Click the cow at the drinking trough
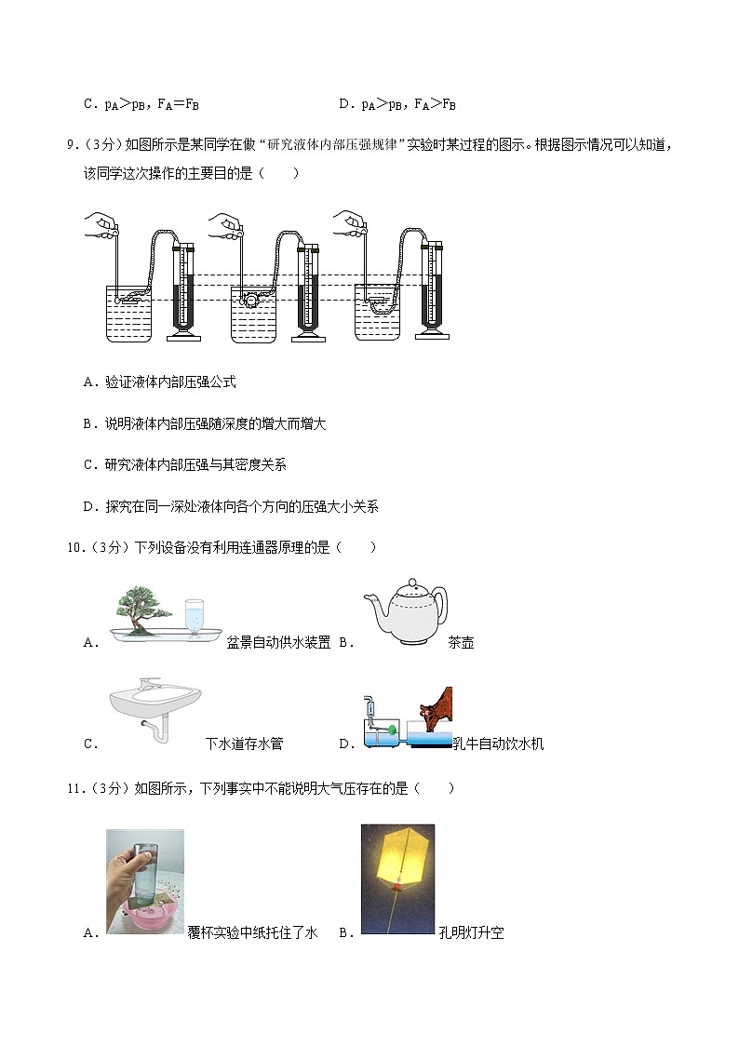(434, 713)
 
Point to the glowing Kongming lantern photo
(397, 878)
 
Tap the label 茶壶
(461, 642)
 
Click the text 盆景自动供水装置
(278, 642)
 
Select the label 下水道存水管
(244, 744)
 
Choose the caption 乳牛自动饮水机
(498, 744)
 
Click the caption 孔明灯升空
(471, 932)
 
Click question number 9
(71, 144)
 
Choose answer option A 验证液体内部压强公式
(159, 382)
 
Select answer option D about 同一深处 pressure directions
(231, 506)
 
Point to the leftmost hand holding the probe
(102, 224)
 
